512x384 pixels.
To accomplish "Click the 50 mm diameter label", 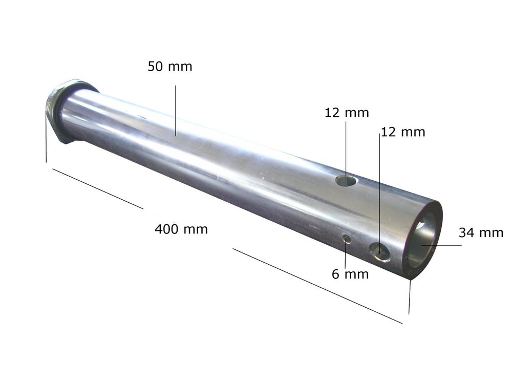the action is [x=170, y=67].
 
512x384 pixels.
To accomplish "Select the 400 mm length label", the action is [x=181, y=229].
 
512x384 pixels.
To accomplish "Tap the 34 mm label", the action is [x=481, y=233].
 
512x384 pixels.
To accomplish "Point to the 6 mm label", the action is [x=350, y=274].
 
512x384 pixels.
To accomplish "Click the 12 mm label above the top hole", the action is [x=347, y=113].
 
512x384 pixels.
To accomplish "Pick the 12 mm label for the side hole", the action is [x=403, y=132].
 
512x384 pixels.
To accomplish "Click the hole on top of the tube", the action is [x=347, y=181].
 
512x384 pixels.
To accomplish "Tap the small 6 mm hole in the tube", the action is [x=347, y=239].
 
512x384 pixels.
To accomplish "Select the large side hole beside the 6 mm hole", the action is [x=380, y=252].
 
